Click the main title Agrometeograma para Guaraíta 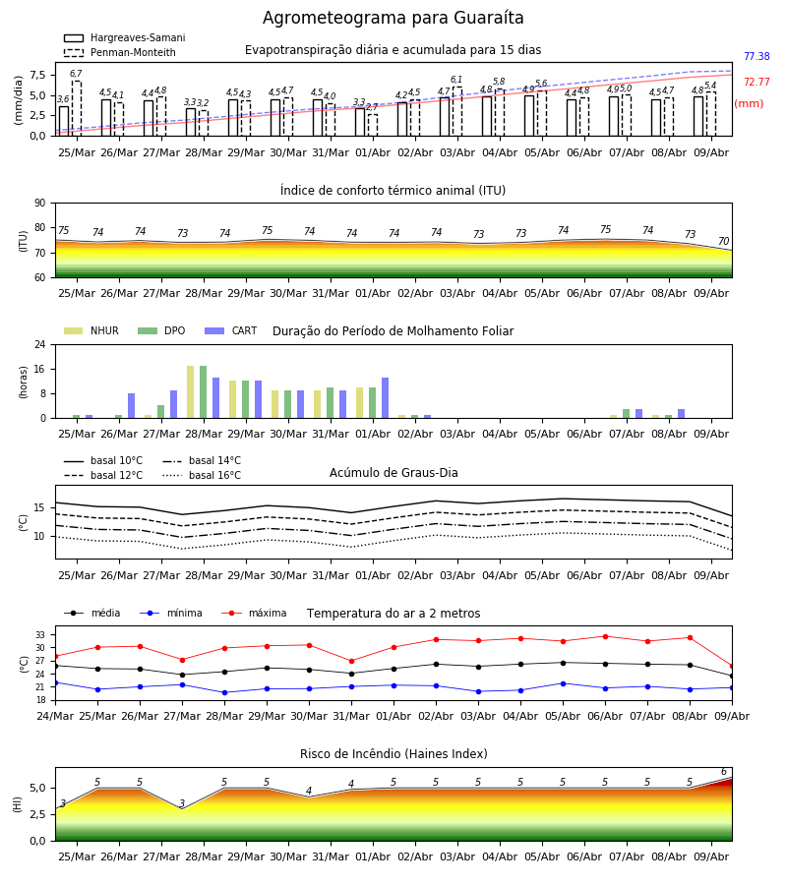(393, 18)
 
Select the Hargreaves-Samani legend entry (124, 37)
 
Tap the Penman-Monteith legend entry (120, 52)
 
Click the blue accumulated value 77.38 (757, 56)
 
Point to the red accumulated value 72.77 (757, 82)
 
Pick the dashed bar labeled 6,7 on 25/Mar (76, 108)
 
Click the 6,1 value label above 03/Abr (456, 80)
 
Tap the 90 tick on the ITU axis (40, 204)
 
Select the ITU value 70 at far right (723, 241)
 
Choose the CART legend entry (231, 330)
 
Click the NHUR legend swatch (74, 330)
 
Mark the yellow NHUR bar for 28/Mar (190, 392)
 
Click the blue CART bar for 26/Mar (131, 406)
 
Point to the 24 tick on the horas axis (40, 344)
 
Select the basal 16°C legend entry (202, 475)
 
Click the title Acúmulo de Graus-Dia (393, 472)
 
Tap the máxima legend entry (254, 613)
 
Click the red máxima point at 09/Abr (732, 667)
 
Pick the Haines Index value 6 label (724, 772)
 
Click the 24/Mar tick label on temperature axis (55, 716)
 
